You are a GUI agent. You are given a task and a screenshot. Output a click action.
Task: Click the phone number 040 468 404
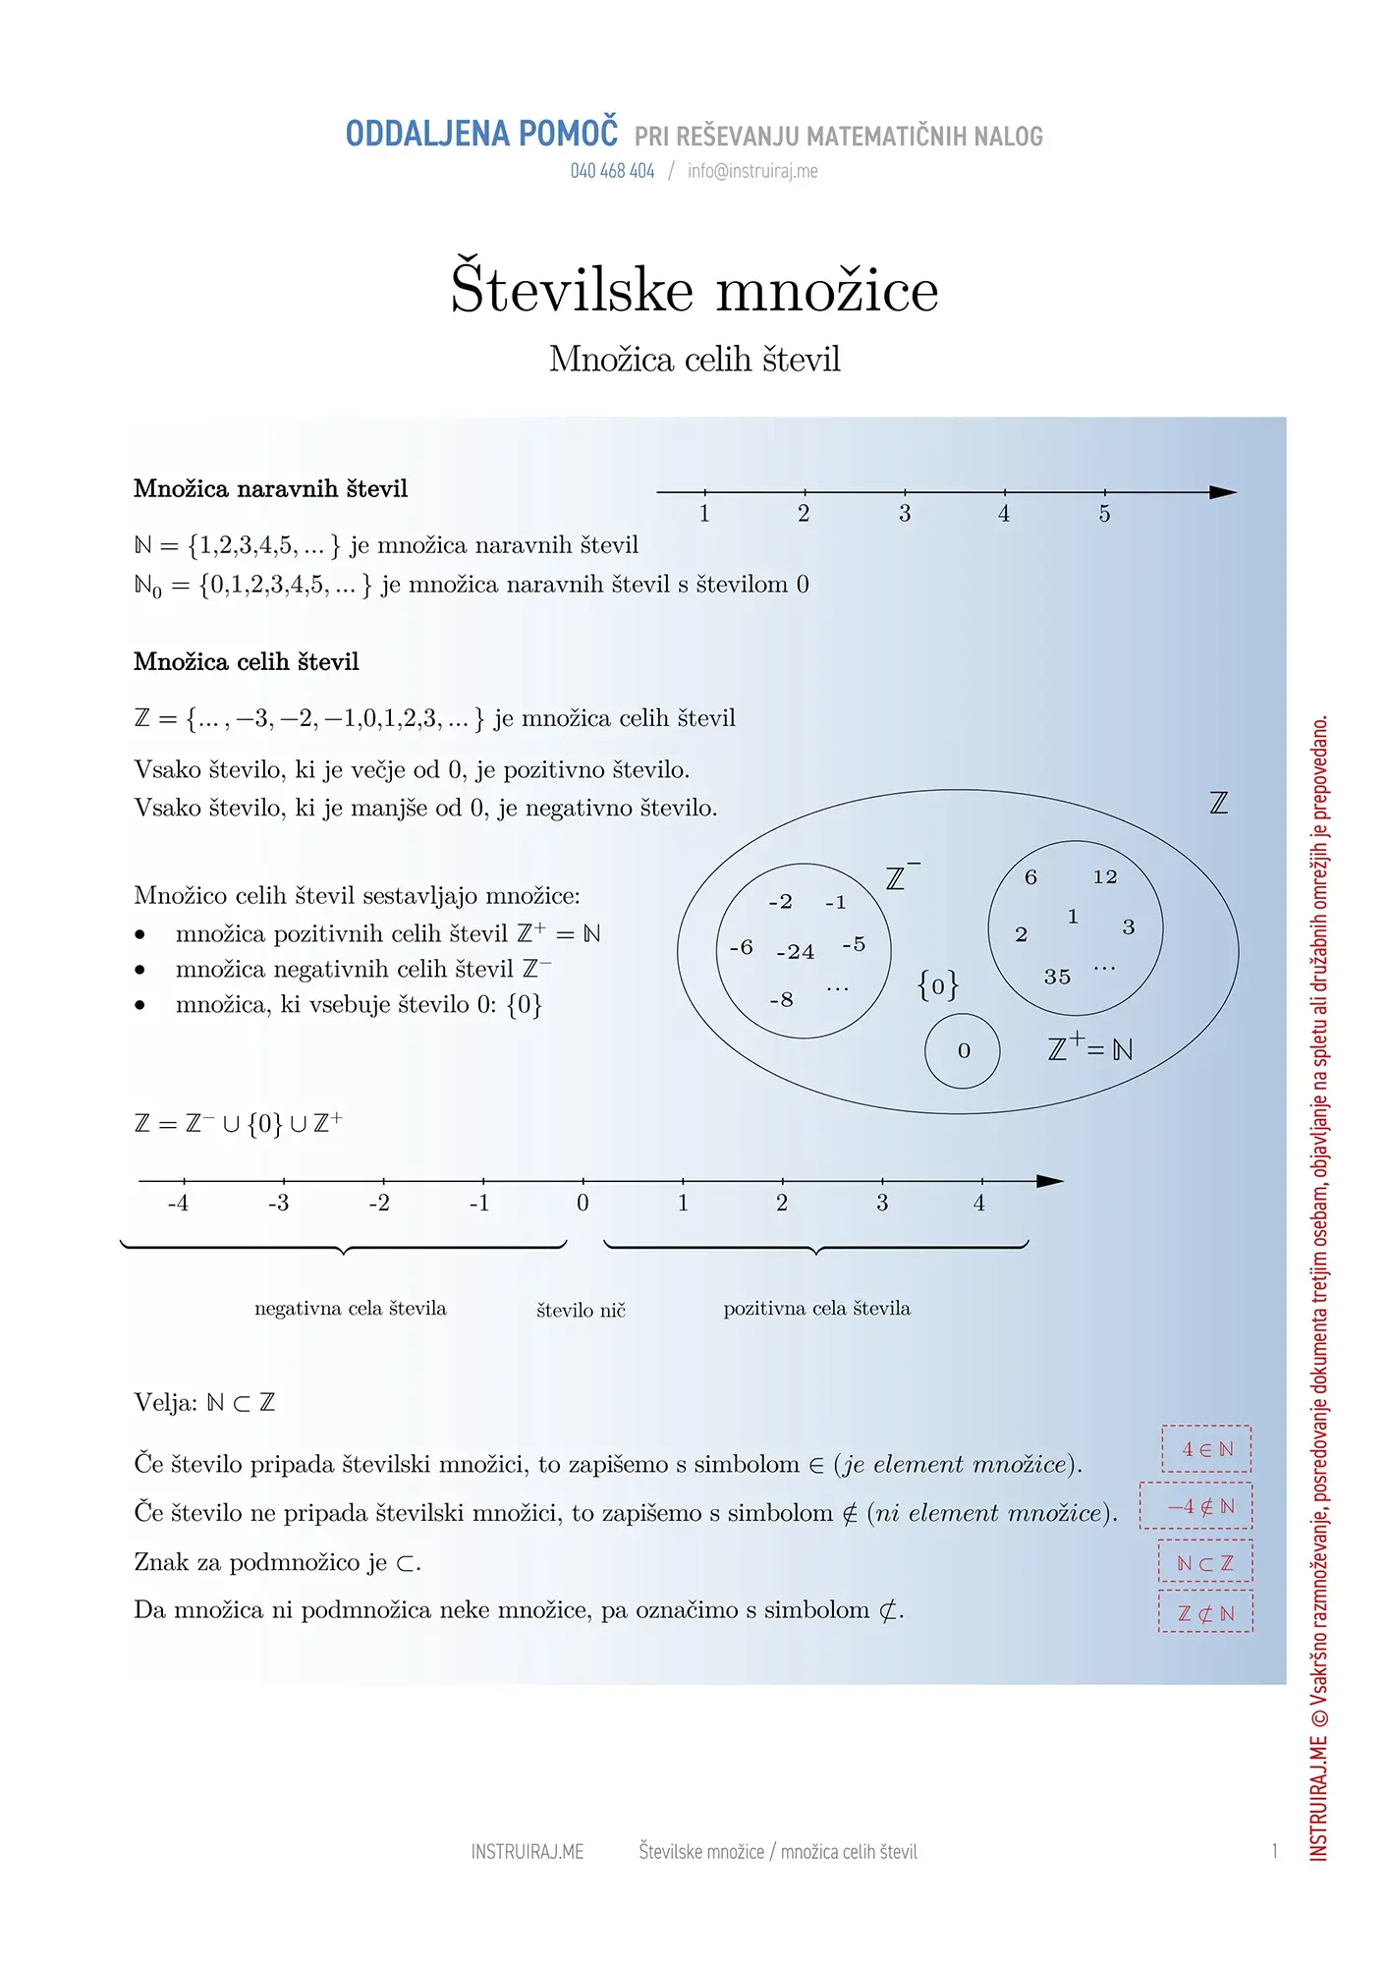(x=612, y=171)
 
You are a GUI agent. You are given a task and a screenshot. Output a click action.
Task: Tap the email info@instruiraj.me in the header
(x=752, y=171)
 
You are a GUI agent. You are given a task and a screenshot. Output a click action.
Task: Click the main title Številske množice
(x=695, y=289)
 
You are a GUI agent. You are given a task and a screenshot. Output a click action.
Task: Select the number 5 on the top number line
(x=1104, y=514)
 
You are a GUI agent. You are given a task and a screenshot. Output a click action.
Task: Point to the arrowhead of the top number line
(x=1223, y=492)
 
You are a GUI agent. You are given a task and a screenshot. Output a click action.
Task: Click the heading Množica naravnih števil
(x=270, y=488)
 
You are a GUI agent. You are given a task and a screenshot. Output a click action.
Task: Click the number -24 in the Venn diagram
(x=795, y=952)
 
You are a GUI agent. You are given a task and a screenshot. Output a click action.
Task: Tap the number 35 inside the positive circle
(x=1057, y=977)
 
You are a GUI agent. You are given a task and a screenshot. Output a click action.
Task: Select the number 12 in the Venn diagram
(x=1105, y=876)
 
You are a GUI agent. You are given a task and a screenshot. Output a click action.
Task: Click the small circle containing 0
(x=963, y=1051)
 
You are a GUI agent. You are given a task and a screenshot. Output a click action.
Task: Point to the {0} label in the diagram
(x=937, y=984)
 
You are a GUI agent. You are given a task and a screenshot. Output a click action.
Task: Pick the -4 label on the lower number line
(x=178, y=1203)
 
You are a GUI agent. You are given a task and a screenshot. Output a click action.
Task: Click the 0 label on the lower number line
(x=583, y=1203)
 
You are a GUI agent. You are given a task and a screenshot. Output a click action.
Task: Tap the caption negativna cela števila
(x=350, y=1308)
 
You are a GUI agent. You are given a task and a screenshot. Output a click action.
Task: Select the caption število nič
(x=581, y=1310)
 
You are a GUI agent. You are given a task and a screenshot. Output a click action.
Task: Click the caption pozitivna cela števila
(x=816, y=1308)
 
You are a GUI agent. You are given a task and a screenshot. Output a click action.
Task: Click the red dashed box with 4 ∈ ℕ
(x=1206, y=1448)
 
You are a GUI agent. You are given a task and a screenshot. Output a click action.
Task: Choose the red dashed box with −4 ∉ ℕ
(x=1196, y=1505)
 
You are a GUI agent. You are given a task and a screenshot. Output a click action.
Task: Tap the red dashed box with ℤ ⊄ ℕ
(x=1205, y=1612)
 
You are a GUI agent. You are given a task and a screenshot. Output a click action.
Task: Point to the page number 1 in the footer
(x=1274, y=1851)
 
